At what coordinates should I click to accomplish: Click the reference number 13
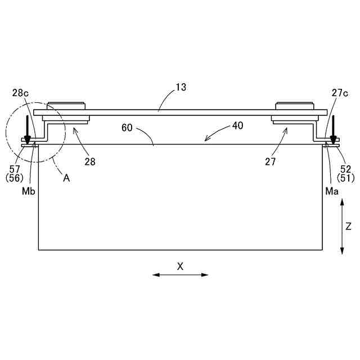(181, 87)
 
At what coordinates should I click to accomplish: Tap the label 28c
(20, 93)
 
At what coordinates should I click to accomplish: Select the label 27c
(340, 93)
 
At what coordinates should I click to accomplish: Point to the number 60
(127, 128)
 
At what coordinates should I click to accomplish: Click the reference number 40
(237, 125)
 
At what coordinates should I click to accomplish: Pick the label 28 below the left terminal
(90, 162)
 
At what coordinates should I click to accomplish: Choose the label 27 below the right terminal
(270, 162)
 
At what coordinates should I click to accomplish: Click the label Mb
(29, 191)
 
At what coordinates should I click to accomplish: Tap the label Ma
(332, 191)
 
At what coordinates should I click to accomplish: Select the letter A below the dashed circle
(66, 178)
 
